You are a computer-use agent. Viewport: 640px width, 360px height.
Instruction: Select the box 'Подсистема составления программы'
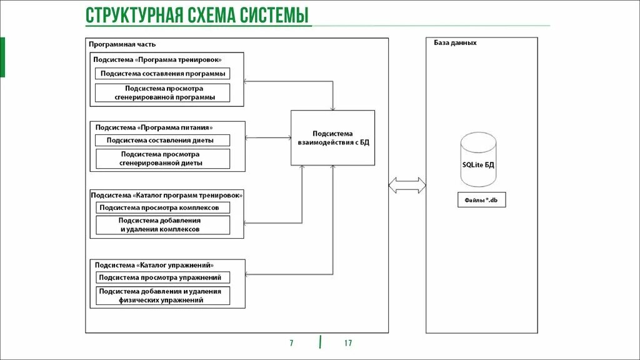(x=162, y=74)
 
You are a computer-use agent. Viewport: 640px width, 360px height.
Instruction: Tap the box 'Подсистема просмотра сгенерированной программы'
(x=162, y=92)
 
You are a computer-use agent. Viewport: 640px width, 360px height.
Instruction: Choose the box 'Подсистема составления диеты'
(x=162, y=140)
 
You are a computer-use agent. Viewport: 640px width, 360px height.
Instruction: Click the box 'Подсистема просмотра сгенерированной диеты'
(x=162, y=158)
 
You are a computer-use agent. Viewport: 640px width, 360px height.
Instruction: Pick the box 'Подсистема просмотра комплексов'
(x=162, y=207)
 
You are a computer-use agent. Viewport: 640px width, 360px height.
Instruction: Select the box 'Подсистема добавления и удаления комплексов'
(x=162, y=225)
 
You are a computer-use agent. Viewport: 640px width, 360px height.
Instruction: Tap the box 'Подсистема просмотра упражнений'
(x=162, y=277)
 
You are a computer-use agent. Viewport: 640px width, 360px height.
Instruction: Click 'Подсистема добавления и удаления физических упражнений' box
(x=162, y=296)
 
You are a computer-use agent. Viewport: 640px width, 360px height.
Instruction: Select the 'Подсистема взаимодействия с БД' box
(x=332, y=137)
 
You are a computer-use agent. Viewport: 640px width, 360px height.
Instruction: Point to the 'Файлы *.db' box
(x=481, y=200)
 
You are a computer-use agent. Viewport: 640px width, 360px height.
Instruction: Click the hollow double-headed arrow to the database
(x=407, y=185)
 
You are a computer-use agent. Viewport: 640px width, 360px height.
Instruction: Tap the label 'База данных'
(x=455, y=43)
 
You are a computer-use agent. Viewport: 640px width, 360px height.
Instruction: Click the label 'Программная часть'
(x=122, y=44)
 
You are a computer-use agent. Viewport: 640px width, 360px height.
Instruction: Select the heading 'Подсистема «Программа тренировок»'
(x=157, y=59)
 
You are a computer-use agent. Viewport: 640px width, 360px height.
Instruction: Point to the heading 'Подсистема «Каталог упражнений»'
(x=156, y=264)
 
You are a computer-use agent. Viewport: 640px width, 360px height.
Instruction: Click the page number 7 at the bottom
(x=291, y=343)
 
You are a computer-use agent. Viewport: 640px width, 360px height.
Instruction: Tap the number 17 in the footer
(x=348, y=343)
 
